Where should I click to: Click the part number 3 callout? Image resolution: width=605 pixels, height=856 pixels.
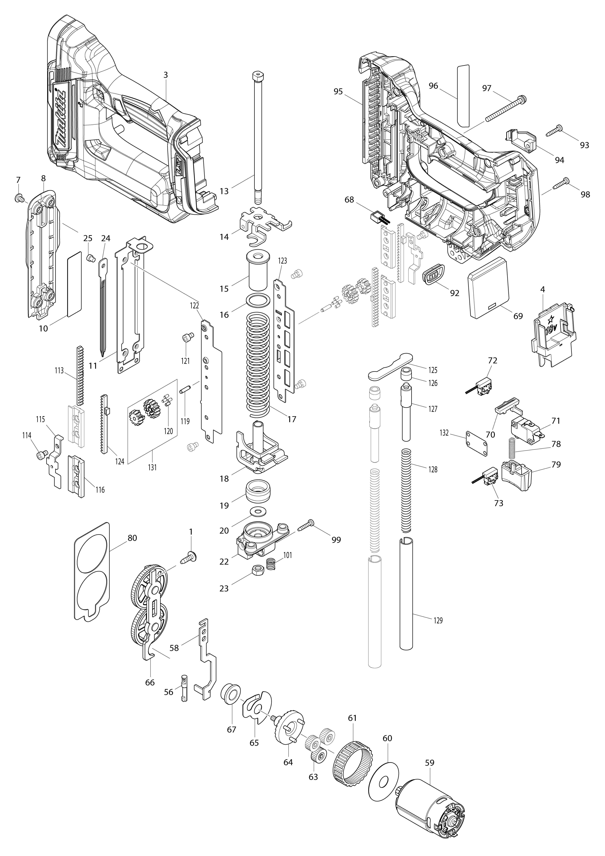pos(166,75)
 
